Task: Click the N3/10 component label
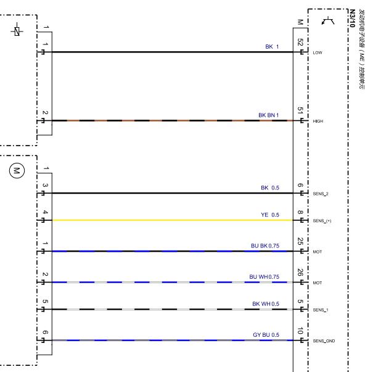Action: click(x=352, y=19)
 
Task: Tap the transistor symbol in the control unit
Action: click(x=328, y=20)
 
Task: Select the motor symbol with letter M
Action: click(x=17, y=170)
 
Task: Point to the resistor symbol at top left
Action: click(x=17, y=31)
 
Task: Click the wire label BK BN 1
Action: click(x=268, y=115)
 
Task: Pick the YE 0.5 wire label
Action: click(x=270, y=215)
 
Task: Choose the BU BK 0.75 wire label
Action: click(x=265, y=246)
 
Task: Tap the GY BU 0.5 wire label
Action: click(x=266, y=334)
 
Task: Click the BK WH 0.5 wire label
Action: click(x=266, y=304)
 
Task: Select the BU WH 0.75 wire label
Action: click(x=264, y=277)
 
